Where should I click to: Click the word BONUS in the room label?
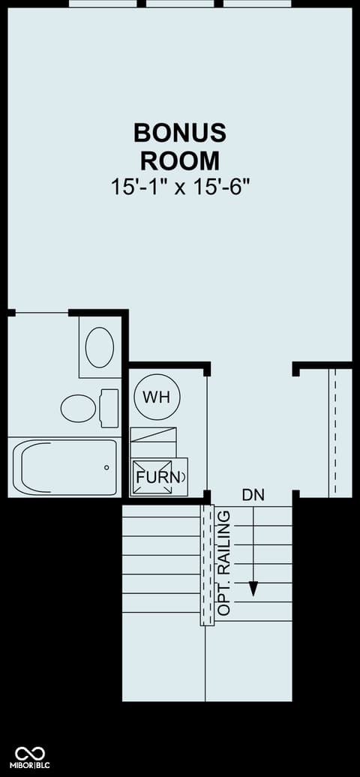point(180,133)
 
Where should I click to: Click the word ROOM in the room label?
point(180,160)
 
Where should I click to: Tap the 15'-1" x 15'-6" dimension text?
point(179,187)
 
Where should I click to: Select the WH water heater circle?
point(157,397)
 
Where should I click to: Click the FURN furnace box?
point(159,476)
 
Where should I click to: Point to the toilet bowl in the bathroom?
point(78,408)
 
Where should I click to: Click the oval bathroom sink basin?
point(100,346)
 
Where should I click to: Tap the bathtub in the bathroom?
point(65,466)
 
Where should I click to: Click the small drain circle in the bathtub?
point(106,467)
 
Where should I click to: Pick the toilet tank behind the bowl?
point(109,408)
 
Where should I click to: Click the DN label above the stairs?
point(253,494)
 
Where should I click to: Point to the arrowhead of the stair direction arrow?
point(253,588)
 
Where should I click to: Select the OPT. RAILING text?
point(225,563)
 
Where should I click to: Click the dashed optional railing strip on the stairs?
point(207,565)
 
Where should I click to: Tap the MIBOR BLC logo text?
point(32,765)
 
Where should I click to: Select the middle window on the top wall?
point(180,4)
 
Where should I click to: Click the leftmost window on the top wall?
point(103,4)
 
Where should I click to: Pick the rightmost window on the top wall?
point(256,4)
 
